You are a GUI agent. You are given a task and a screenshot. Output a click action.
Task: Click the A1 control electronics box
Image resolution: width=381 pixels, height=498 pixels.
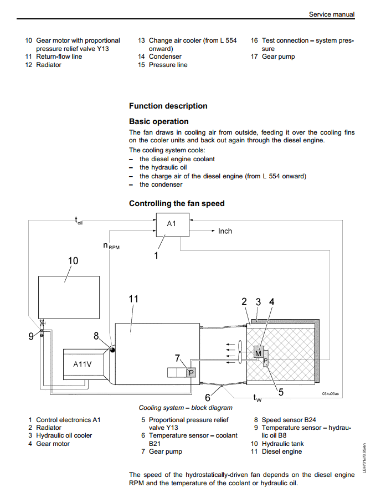pos(173,225)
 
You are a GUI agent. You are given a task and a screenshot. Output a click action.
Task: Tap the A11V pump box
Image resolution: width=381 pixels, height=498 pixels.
pos(83,364)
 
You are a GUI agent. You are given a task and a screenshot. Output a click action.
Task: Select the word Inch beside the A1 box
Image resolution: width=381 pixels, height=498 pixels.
pos(225,231)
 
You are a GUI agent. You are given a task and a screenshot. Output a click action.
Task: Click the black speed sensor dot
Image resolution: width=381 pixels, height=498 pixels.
pos(112,350)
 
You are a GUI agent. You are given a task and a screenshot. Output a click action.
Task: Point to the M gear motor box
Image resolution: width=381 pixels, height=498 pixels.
pos(258,353)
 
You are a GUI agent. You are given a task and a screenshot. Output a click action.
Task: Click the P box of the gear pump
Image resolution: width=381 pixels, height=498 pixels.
pos(191,373)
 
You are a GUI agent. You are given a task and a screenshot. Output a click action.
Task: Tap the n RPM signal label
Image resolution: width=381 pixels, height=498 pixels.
pos(111,246)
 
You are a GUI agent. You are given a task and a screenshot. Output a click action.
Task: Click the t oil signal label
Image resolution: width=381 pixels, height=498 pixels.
pos(79,220)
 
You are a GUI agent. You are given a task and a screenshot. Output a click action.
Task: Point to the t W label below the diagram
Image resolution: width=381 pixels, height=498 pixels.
pos(257,398)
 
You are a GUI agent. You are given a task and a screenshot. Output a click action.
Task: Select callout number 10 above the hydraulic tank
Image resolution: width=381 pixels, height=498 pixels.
pos(73,261)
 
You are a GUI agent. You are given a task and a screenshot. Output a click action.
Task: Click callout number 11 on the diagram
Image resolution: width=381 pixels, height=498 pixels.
pos(133,299)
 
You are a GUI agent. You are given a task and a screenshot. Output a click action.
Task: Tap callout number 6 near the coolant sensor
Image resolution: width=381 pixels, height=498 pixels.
pos(208,398)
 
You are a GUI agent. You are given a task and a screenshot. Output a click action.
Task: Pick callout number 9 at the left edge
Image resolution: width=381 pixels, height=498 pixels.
pos(31,336)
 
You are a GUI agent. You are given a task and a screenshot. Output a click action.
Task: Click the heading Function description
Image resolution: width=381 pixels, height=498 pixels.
pos(168,106)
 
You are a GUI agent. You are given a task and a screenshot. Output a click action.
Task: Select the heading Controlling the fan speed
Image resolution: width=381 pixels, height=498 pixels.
pos(177,204)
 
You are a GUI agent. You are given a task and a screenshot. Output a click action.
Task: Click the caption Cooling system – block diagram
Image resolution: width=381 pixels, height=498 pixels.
pos(186,408)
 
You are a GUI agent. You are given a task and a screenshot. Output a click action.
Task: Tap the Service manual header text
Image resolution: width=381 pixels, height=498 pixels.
pos(332,14)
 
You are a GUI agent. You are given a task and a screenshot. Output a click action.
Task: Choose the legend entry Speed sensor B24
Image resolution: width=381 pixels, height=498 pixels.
pos(285,420)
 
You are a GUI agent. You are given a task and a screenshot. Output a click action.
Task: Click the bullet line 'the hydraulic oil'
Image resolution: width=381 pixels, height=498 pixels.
pos(163,167)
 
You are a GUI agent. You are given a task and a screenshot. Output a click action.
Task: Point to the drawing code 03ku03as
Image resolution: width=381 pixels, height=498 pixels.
pos(331,394)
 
